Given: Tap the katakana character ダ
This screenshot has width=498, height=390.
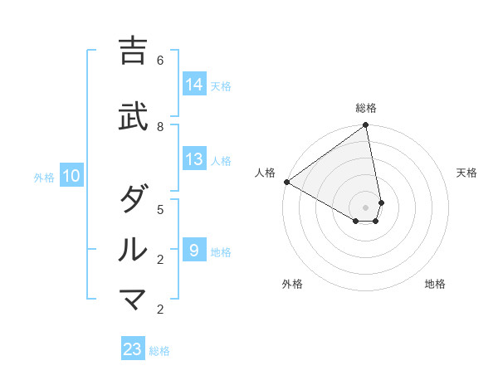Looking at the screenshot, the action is (x=134, y=198).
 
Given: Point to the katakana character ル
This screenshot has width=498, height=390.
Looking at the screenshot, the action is (x=134, y=248).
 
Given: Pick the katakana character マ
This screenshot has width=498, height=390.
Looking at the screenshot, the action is (x=134, y=298).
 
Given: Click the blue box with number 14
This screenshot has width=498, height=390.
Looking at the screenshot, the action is (x=194, y=84).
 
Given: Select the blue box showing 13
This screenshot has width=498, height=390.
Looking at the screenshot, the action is (x=194, y=159).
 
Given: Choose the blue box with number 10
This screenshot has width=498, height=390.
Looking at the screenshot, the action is (x=71, y=176).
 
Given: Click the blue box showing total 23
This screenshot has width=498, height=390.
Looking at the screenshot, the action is (x=133, y=349).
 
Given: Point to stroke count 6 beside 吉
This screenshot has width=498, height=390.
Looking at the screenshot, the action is (x=160, y=60).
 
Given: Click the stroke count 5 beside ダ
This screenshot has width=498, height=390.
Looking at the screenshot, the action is (x=160, y=209).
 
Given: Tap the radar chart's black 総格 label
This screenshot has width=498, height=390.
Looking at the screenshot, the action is (x=366, y=108).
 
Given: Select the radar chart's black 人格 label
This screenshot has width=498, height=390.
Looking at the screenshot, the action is (x=266, y=173).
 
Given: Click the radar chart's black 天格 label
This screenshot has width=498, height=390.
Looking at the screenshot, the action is (x=466, y=173).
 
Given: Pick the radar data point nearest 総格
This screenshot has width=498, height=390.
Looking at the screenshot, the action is (x=366, y=126).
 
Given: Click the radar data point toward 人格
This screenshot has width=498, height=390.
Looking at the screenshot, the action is (x=286, y=182).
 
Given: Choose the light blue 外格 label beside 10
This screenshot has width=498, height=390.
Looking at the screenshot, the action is (x=43, y=177).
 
